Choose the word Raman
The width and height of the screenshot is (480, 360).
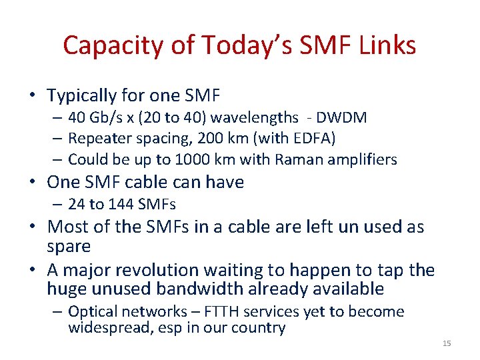295,159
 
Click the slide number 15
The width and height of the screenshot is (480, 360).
447,343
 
